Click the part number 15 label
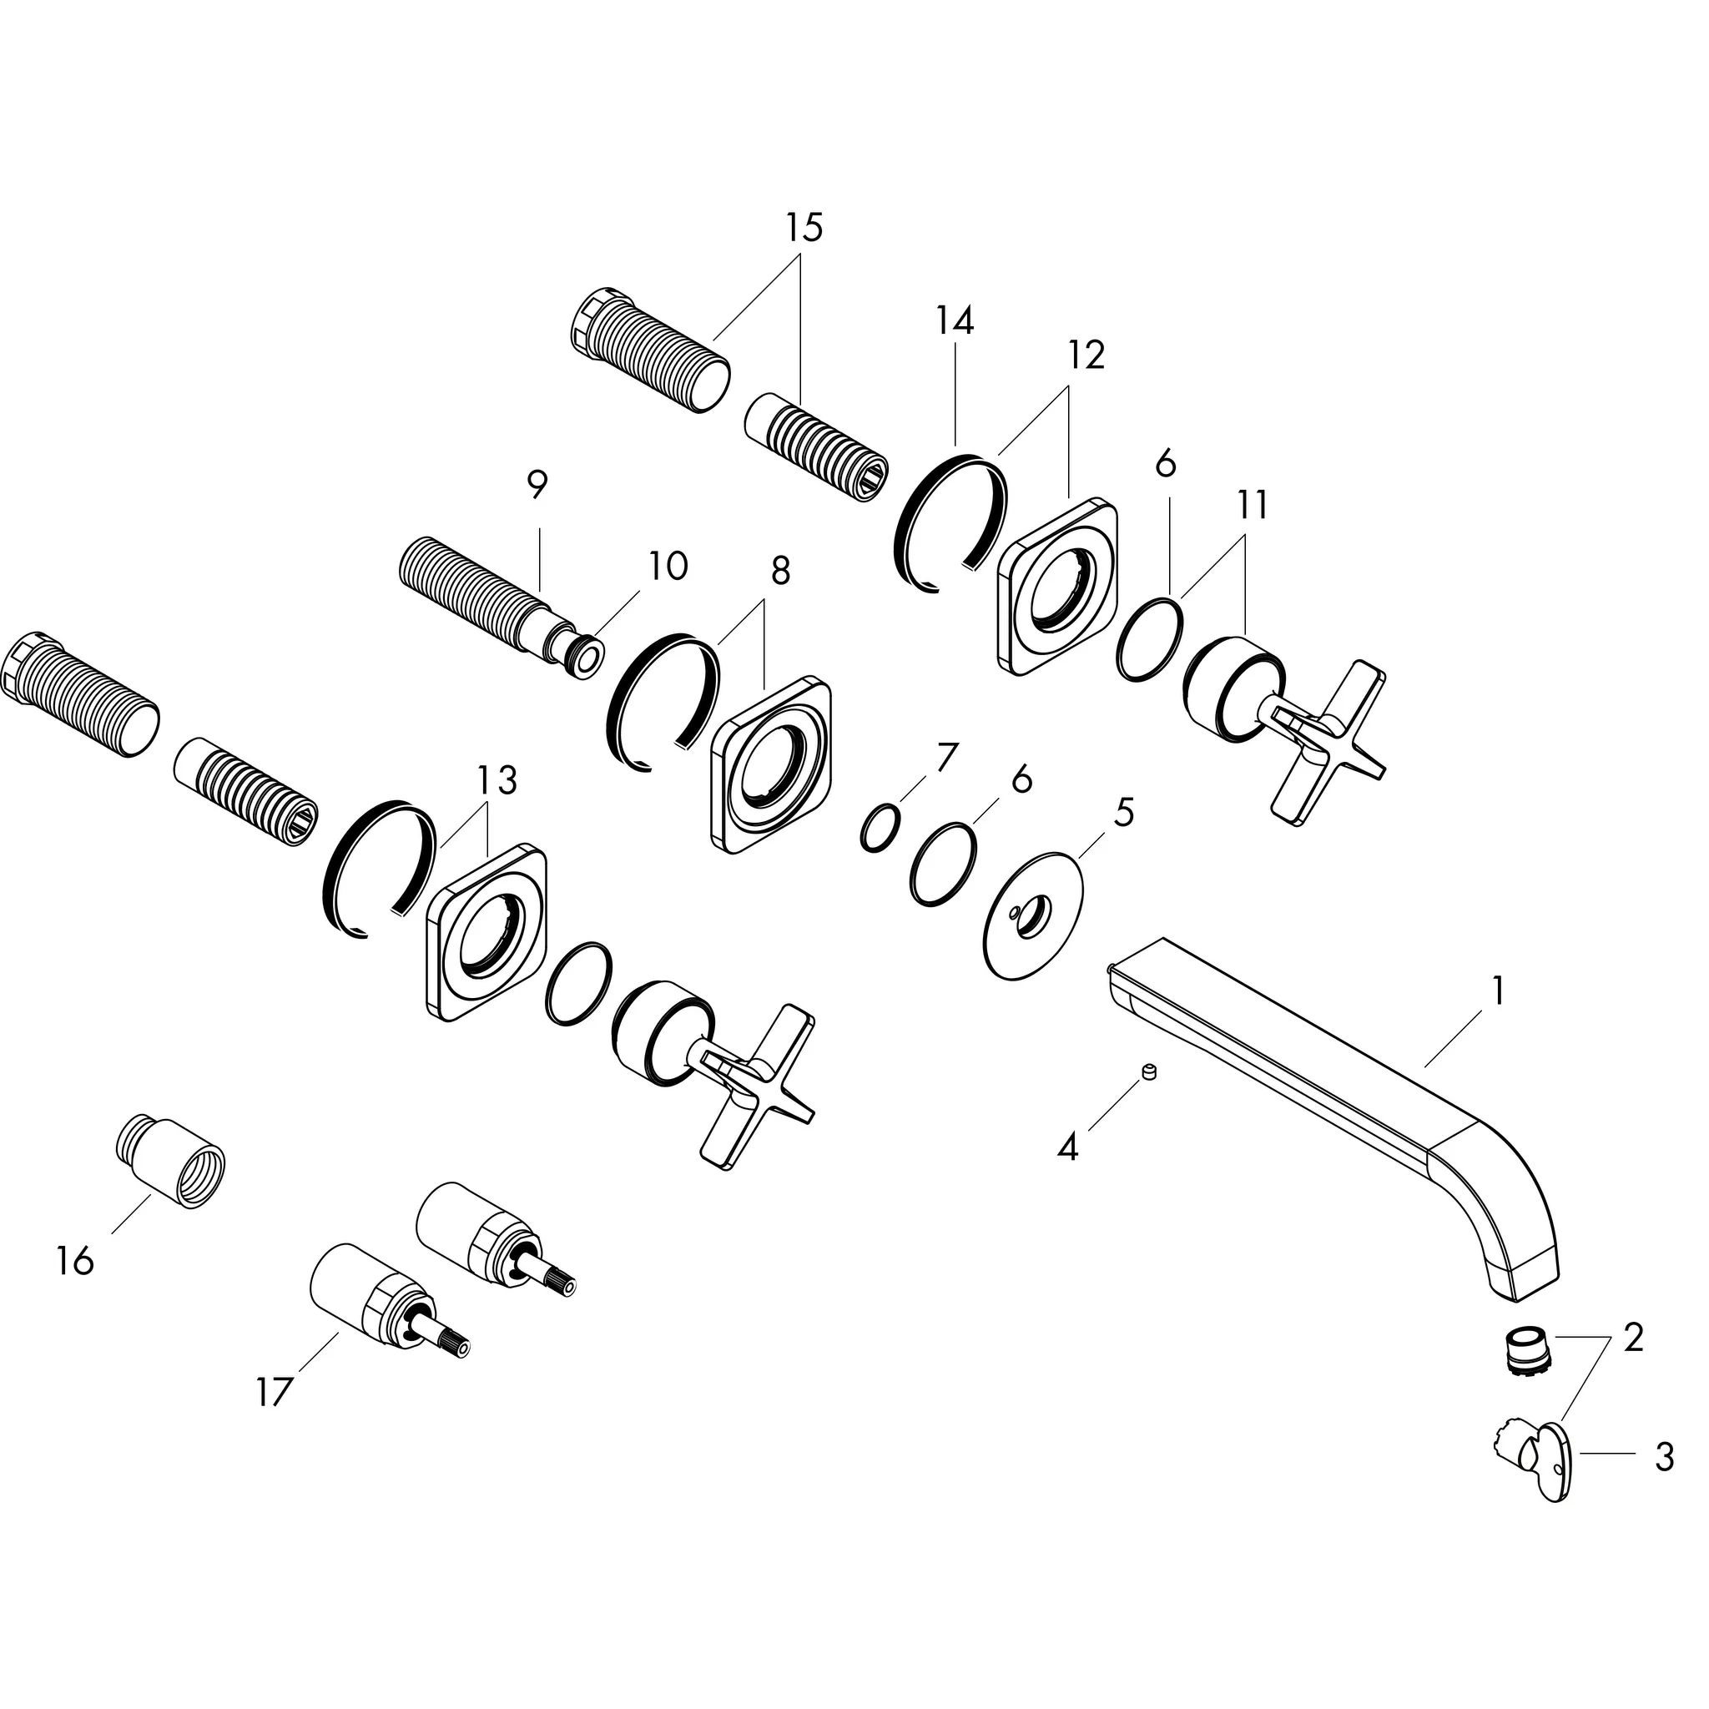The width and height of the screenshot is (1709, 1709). click(x=804, y=227)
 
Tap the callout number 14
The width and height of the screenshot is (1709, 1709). click(x=955, y=320)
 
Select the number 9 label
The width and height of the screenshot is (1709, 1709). click(x=536, y=483)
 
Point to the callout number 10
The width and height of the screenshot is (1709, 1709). click(x=668, y=566)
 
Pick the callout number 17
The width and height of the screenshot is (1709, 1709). click(x=274, y=1393)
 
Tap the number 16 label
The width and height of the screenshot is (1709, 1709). click(x=74, y=1261)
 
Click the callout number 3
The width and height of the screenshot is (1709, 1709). click(x=1664, y=1457)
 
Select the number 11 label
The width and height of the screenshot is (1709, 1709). click(x=1253, y=505)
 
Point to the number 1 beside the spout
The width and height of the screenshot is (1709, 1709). click(x=1497, y=991)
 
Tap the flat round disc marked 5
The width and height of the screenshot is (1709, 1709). click(x=1033, y=915)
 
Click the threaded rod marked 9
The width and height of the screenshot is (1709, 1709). click(x=478, y=591)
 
